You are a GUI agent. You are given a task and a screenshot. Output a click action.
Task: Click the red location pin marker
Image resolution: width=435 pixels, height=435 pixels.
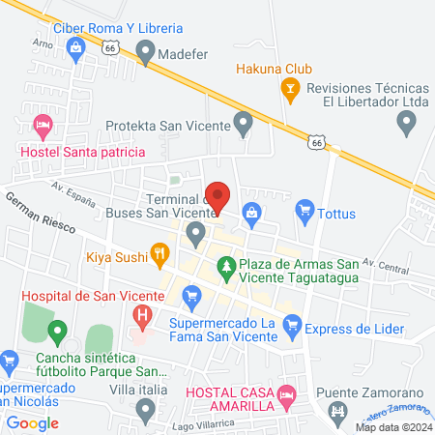[218, 197]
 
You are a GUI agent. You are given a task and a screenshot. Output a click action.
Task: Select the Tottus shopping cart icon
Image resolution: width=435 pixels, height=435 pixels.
[304, 209]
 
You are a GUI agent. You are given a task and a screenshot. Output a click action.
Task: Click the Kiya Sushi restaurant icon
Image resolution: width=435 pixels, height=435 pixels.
[159, 256]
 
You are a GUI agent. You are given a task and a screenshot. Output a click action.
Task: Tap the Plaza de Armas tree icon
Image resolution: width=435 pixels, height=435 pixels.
[225, 263]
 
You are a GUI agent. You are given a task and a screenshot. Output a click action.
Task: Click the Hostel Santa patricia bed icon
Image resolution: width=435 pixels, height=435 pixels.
[42, 126]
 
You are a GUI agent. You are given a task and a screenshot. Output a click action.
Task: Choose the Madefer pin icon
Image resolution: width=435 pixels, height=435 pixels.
[146, 55]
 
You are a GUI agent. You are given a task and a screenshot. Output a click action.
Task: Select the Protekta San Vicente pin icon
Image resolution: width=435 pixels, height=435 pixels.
[244, 124]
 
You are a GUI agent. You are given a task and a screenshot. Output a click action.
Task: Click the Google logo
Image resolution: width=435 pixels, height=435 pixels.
[33, 422]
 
